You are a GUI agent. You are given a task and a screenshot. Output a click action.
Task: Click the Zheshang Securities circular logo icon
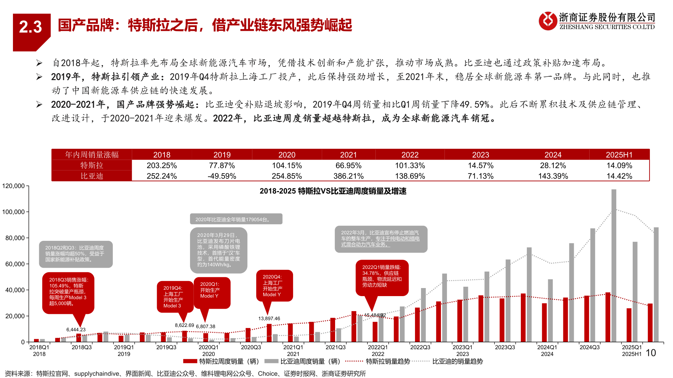[x=548, y=21]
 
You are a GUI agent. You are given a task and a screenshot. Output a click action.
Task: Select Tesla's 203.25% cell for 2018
[x=162, y=166]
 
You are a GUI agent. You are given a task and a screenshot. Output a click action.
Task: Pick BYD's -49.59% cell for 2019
[x=222, y=176]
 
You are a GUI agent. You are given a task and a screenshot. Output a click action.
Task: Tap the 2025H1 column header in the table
[x=619, y=155]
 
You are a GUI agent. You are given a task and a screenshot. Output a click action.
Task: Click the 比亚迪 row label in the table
[x=92, y=176]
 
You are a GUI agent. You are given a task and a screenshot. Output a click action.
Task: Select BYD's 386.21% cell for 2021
[x=348, y=176]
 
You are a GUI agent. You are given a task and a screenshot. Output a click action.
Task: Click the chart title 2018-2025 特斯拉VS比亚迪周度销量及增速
[x=333, y=191]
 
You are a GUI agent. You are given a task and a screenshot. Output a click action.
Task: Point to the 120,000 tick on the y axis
[x=14, y=186]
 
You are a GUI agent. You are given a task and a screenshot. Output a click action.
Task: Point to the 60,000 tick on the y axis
[x=15, y=264]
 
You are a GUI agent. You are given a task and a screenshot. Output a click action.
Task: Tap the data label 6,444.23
[x=76, y=330]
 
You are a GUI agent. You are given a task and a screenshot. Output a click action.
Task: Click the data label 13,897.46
[x=269, y=318]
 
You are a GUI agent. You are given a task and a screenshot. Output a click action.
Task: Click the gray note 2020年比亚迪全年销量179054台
[x=236, y=219]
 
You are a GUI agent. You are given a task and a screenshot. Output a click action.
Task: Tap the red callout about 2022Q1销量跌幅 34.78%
[x=382, y=276]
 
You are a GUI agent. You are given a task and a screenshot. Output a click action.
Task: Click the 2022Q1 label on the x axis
[x=378, y=347]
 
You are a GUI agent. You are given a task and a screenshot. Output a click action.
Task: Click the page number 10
[x=651, y=353]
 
